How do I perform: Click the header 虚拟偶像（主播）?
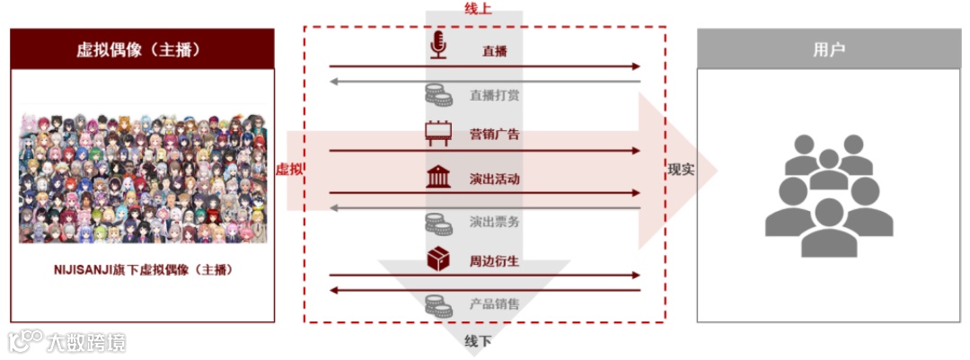point(142,49)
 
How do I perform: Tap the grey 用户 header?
point(827,49)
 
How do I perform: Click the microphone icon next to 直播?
point(438,47)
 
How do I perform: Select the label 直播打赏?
point(495,94)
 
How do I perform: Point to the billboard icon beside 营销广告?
point(438,134)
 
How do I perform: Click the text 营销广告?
point(495,135)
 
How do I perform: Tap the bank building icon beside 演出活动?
point(438,177)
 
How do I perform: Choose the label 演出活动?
point(495,179)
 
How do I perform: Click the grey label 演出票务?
point(495,220)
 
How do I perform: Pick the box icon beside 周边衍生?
point(438,260)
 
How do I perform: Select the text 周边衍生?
point(495,261)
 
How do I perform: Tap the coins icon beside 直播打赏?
point(438,93)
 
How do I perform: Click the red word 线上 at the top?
point(478,9)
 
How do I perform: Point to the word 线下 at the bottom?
point(478,342)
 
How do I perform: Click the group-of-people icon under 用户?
point(827,193)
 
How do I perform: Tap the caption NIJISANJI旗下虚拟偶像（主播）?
point(142,269)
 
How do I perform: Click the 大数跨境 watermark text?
point(86,342)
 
